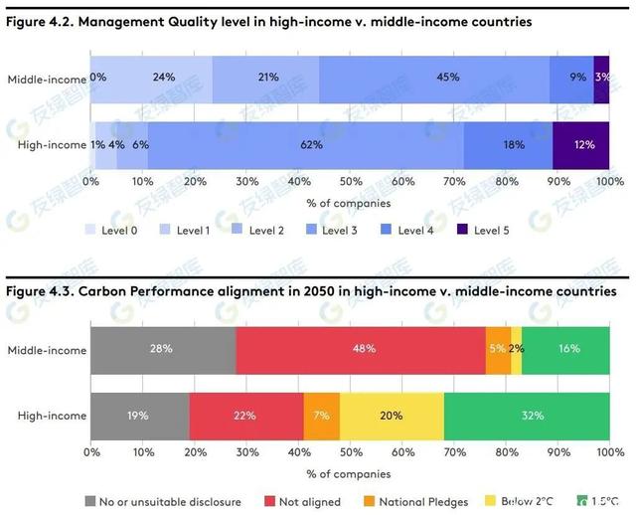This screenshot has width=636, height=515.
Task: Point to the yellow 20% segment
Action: [x=392, y=415]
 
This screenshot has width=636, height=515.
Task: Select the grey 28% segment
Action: [x=162, y=349]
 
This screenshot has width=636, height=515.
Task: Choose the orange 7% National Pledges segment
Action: [x=322, y=415]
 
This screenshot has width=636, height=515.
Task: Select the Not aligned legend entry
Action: [x=302, y=502]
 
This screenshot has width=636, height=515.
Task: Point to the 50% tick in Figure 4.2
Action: [x=350, y=182]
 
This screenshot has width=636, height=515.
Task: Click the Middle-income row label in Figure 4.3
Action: [x=47, y=350]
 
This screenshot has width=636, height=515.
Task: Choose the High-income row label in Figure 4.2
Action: [x=52, y=145]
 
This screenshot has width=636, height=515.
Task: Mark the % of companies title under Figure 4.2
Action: [x=349, y=204]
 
